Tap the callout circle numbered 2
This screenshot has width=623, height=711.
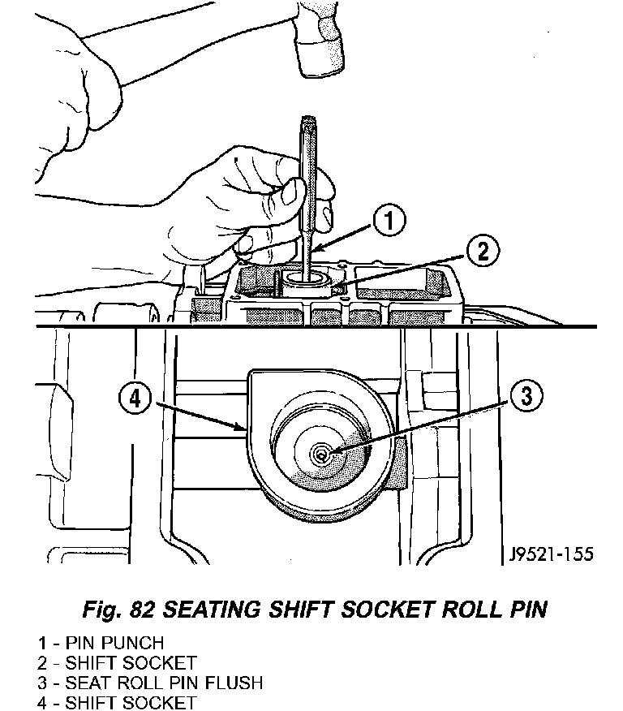pyautogui.click(x=482, y=252)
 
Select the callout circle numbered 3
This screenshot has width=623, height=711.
pyautogui.click(x=526, y=397)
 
